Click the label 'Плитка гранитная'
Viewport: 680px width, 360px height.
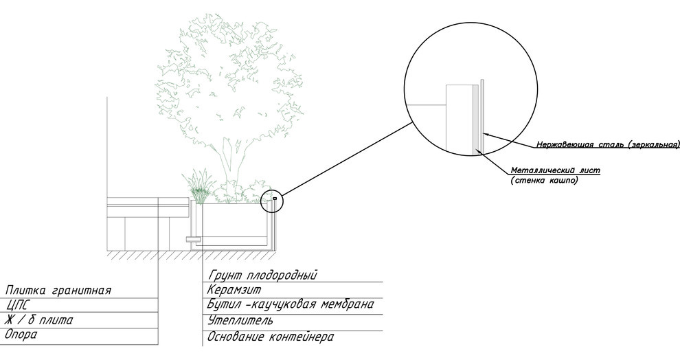(x=58, y=290)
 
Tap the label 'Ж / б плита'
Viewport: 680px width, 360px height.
(x=38, y=320)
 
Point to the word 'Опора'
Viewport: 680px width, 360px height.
(x=21, y=335)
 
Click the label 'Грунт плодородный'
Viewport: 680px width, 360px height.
(x=263, y=275)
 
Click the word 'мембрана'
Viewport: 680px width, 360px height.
(x=347, y=304)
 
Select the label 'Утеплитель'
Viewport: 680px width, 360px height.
(x=240, y=321)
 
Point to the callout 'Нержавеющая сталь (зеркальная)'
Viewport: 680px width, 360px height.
(x=608, y=144)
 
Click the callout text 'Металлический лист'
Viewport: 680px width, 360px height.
(x=556, y=170)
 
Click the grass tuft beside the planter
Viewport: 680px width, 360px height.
(x=200, y=186)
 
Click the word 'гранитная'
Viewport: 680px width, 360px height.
(x=82, y=291)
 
